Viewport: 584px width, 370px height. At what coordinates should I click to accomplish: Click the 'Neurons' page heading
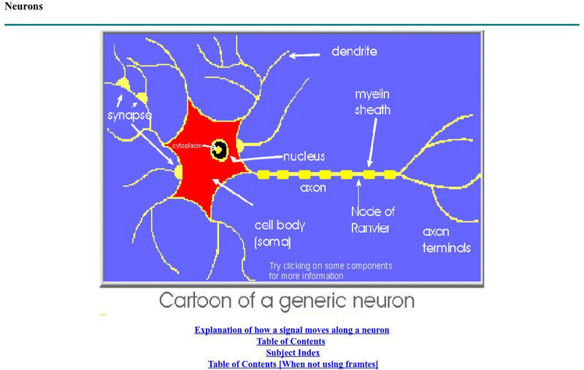[x=23, y=7]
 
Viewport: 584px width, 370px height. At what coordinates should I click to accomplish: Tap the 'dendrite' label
[x=354, y=52]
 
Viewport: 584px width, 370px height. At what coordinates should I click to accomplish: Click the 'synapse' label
[x=129, y=115]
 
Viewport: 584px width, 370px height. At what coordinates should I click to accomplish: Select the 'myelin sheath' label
[x=372, y=102]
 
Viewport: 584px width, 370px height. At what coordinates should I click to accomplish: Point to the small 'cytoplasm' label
[x=186, y=146]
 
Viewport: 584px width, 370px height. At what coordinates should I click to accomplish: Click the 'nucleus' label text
[x=304, y=156]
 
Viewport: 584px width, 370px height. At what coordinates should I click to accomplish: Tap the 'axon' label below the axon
[x=312, y=188]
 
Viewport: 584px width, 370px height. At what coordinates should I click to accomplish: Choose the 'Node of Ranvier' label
[x=373, y=219]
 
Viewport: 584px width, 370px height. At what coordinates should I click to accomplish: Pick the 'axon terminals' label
[x=446, y=239]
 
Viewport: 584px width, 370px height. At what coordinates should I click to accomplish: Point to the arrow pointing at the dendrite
[x=305, y=54]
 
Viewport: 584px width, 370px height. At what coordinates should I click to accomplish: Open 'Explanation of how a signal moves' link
[x=291, y=330]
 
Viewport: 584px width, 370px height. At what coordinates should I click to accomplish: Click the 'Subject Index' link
[x=293, y=352]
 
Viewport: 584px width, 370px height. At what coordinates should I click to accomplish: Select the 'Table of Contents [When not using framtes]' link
[x=293, y=363]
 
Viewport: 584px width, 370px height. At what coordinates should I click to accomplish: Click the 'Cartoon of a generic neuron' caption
[x=286, y=300]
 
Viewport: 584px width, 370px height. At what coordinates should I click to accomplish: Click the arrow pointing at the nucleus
[x=259, y=158]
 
